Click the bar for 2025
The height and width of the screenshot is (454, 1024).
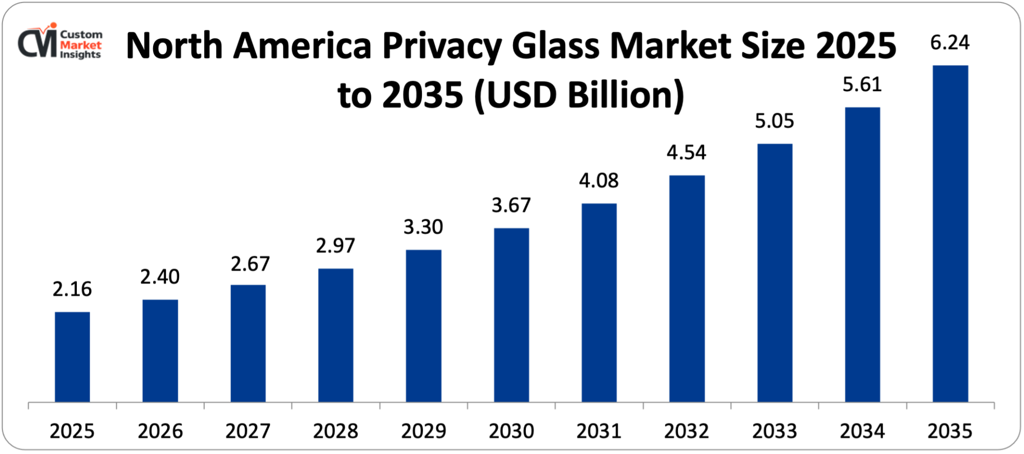[x=72, y=357]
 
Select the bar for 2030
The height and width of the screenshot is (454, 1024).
[x=511, y=315]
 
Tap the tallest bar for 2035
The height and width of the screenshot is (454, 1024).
[x=950, y=234]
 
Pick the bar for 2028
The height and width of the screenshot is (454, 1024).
[x=336, y=335]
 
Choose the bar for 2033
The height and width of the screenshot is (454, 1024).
[x=775, y=273]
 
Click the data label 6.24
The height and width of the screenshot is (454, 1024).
[x=950, y=43]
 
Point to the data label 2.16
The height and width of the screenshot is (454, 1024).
[x=72, y=290]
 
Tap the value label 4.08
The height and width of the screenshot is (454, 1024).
[x=599, y=180]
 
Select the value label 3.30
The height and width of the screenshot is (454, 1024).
[x=423, y=227]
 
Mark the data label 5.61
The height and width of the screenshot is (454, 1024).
[x=862, y=85]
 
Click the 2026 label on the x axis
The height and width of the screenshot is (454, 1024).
[x=160, y=431]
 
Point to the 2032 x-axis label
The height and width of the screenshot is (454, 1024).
[x=687, y=431]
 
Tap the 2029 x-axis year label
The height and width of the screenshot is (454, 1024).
[x=423, y=431]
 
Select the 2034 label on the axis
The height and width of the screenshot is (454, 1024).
[x=862, y=431]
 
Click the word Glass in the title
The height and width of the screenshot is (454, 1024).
[x=556, y=46]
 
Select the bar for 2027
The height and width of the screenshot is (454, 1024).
[x=248, y=343]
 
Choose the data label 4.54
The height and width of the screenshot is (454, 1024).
[x=686, y=153]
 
